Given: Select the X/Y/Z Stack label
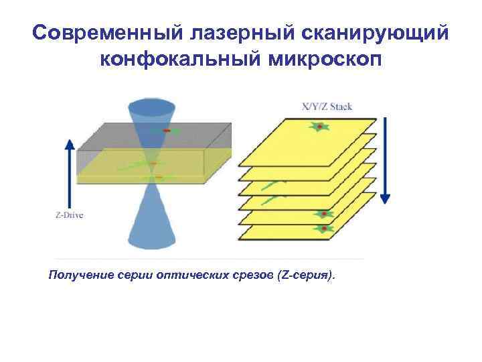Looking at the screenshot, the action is pos(327,107).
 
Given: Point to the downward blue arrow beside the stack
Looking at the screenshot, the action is pos(386,161).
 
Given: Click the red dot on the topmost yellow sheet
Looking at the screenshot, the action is pos(321,127).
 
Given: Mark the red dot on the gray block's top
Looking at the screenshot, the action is pos(168,129).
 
